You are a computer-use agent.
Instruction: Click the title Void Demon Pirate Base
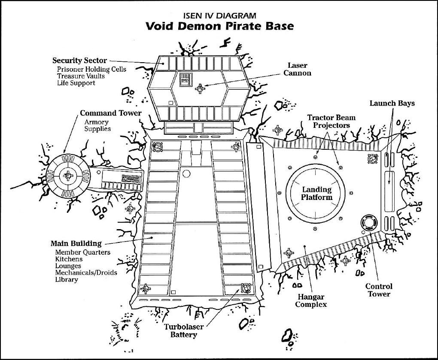point(219,26)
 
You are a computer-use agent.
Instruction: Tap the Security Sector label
point(79,61)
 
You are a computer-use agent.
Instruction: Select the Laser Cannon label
point(297,69)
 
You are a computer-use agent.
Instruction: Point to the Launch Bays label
point(392,103)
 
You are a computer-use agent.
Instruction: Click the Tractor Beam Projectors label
point(332,121)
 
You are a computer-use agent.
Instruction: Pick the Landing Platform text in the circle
point(317,194)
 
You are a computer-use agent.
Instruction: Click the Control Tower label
point(379,290)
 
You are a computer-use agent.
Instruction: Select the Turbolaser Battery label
point(184,331)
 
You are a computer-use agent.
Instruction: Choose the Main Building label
point(76,244)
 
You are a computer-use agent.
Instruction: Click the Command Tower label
point(110,113)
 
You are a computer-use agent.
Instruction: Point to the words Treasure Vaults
point(81,76)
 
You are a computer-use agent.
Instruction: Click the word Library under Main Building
point(67,280)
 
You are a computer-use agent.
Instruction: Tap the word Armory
point(96,122)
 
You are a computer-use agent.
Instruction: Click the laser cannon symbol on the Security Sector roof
point(200,89)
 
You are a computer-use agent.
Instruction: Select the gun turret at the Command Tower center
point(67,175)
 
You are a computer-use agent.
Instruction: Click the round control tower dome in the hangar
point(368,222)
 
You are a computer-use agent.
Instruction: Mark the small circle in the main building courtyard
point(186,174)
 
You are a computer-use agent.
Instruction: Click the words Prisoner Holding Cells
point(91,69)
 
